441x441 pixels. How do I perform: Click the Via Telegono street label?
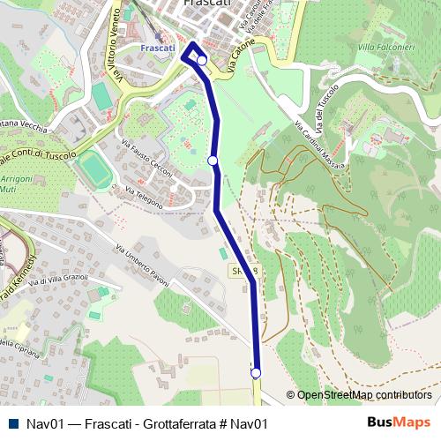144,183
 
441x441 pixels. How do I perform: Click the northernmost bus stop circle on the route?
202,61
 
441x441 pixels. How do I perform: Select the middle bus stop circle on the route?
213,160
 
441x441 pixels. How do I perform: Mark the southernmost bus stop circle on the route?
257,373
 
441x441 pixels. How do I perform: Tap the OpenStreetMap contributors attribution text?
363,395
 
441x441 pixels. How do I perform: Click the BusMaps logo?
399,422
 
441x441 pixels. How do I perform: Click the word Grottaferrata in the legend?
171,423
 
